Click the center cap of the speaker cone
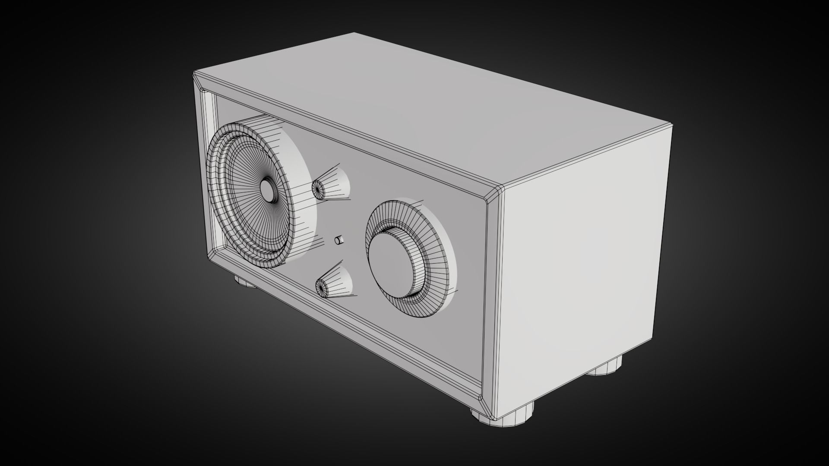click(269, 190)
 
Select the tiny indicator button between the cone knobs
click(339, 240)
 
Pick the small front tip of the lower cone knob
click(322, 287)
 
